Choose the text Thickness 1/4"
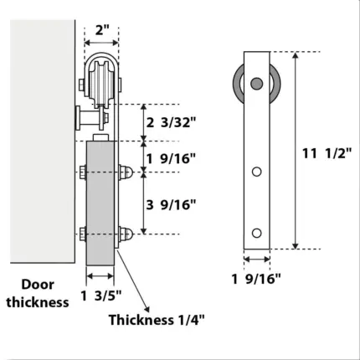(x=157, y=319)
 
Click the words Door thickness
(x=38, y=293)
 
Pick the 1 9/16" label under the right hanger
(x=256, y=279)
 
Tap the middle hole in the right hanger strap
(x=256, y=172)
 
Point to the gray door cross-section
(x=101, y=205)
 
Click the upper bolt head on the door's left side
(x=83, y=172)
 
